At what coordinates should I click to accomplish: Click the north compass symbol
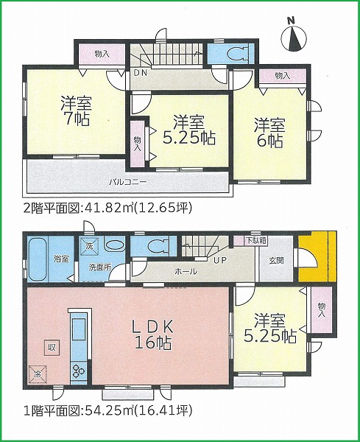click(x=294, y=38)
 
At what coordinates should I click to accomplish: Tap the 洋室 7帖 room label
click(x=76, y=110)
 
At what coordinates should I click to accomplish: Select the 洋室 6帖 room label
click(x=269, y=133)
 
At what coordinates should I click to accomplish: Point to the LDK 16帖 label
click(x=153, y=335)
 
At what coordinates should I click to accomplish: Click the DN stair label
click(x=140, y=73)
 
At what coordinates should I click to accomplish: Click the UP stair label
click(x=220, y=260)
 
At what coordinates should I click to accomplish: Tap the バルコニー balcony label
click(x=127, y=182)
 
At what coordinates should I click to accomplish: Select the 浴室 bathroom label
click(x=61, y=259)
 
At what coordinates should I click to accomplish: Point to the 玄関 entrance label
click(x=276, y=261)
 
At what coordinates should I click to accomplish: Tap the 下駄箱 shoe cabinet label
click(x=255, y=241)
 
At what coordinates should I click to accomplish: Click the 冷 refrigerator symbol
click(x=38, y=374)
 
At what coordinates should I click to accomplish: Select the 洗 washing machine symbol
click(x=89, y=245)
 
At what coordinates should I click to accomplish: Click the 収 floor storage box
click(x=52, y=347)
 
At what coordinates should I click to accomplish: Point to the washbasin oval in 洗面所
click(x=115, y=245)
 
